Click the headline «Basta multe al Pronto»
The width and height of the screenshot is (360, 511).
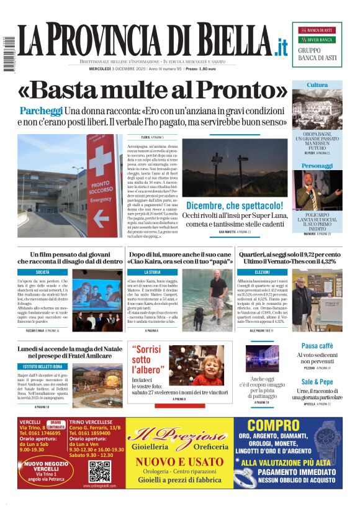point(153,91)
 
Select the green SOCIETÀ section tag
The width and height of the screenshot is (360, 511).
point(43,272)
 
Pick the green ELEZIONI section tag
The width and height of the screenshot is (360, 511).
point(262,272)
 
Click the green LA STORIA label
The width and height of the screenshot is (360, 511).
point(153,272)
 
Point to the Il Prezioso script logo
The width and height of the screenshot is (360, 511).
point(179,435)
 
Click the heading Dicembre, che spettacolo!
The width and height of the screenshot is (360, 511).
point(235,205)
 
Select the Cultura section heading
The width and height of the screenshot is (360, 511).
point(317,85)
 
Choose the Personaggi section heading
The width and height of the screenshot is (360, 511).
point(317,166)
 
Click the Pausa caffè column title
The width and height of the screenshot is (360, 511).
point(317,346)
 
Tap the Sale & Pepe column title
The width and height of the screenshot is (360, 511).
point(317,382)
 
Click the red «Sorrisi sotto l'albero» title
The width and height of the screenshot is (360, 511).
point(149,359)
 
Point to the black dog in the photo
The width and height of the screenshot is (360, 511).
point(199,319)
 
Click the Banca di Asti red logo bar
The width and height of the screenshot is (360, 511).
point(317,30)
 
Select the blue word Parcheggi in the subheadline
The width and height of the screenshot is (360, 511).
point(41,111)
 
